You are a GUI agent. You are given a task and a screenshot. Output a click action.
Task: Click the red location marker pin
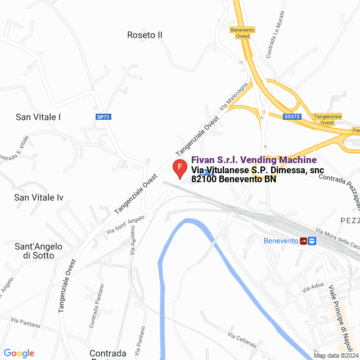(179, 168)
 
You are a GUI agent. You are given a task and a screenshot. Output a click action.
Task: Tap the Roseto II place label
(145, 35)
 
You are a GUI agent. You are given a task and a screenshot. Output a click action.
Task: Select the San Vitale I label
(38, 117)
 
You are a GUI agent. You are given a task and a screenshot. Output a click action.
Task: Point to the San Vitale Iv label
(39, 197)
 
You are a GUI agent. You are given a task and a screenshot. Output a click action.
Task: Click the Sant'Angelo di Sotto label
(39, 251)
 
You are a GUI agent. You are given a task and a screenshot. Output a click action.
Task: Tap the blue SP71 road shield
(103, 117)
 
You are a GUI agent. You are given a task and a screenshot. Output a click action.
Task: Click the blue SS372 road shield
(291, 116)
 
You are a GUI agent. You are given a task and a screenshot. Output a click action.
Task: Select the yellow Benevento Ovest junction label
(242, 33)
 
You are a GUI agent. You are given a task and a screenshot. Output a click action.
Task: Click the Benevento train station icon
(308, 241)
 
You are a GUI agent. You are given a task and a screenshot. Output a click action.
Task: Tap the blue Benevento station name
(281, 241)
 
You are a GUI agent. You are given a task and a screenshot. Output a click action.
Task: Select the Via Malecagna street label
(233, 98)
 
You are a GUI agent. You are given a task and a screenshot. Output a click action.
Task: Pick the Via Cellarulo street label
(242, 340)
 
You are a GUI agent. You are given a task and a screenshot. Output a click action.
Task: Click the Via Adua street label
(314, 287)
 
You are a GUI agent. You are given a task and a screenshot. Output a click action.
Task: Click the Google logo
(19, 353)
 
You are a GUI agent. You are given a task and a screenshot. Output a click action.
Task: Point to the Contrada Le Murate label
(276, 44)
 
